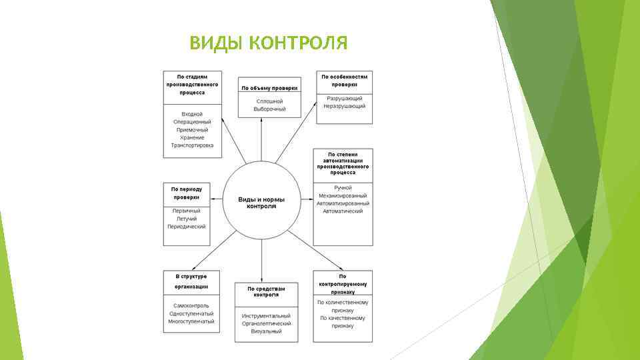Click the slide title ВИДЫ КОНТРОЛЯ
[268, 44]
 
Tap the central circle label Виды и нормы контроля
[261, 203]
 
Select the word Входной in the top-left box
[192, 115]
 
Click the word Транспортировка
[192, 145]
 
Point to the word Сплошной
[269, 101]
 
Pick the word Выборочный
[269, 109]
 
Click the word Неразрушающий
[344, 106]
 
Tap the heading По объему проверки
[269, 88]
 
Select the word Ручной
[343, 188]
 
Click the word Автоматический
[343, 211]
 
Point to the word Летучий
[187, 219]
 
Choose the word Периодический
[187, 227]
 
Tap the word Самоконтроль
[191, 306]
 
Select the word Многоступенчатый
[191, 321]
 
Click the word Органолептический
[266, 323]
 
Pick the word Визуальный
[266, 331]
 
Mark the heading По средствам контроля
[266, 292]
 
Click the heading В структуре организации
[191, 281]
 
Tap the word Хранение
[192, 137]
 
